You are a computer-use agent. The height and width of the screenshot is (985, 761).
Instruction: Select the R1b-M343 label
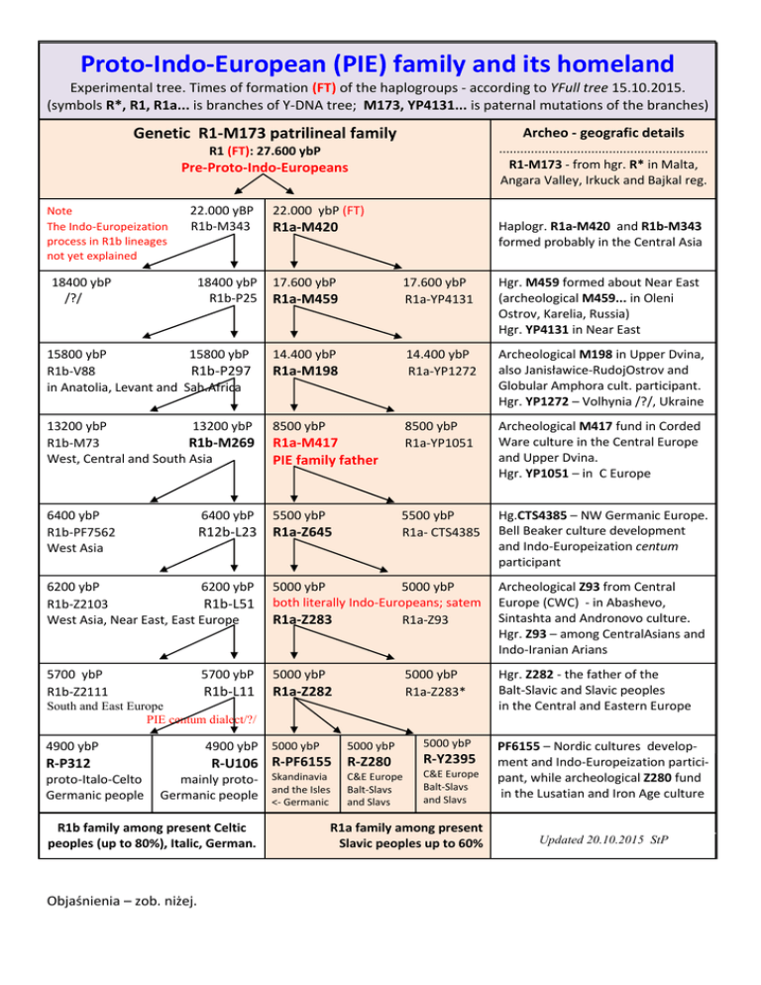219,228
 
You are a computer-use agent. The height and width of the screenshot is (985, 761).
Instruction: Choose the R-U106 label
227,763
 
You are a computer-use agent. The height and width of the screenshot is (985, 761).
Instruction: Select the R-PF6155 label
301,763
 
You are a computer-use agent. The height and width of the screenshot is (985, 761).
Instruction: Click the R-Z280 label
375,763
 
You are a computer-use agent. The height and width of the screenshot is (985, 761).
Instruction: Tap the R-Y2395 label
452,761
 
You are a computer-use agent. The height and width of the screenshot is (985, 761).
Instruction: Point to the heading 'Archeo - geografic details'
606,131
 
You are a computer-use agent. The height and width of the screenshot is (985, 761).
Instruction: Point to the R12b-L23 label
227,533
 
